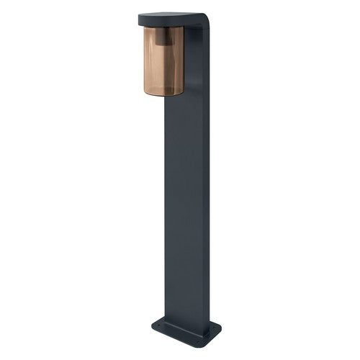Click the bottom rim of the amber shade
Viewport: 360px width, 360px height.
pos(163,94)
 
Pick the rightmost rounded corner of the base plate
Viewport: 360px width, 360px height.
pos(220,333)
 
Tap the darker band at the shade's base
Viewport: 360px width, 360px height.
pos(163,89)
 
